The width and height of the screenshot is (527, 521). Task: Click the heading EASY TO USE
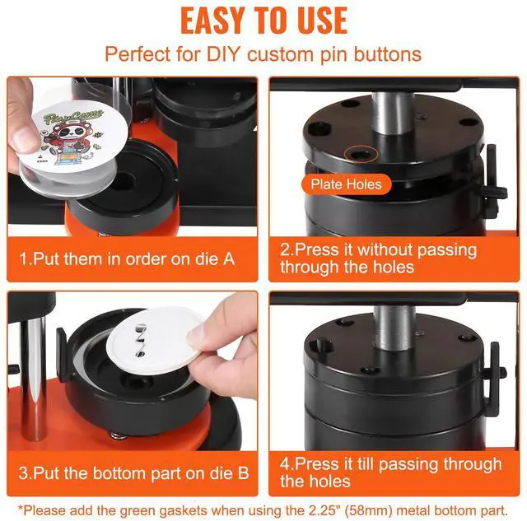tap(263, 21)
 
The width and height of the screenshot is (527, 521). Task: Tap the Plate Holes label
tap(346, 184)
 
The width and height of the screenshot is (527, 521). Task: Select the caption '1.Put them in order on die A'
tap(128, 258)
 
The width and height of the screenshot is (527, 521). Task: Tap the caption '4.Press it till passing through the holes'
tap(390, 472)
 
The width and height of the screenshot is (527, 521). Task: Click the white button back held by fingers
tap(157, 346)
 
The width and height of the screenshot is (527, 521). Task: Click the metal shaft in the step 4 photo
tap(393, 325)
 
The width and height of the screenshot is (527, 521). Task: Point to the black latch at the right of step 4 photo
tap(492, 370)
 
